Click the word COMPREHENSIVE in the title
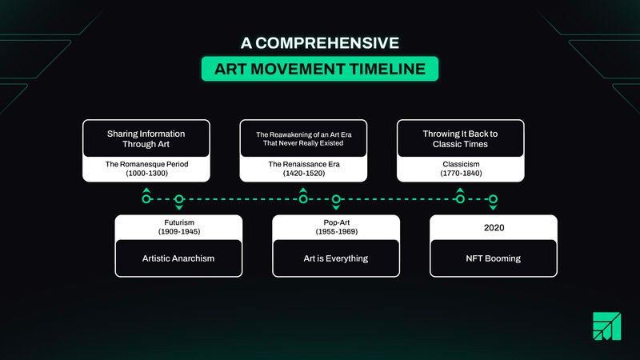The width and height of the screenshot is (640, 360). click(x=327, y=43)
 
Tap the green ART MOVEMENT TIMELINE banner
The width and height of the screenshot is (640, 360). click(x=320, y=69)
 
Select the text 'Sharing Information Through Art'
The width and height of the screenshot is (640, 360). click(x=146, y=138)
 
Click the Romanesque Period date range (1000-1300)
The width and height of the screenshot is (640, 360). click(x=147, y=173)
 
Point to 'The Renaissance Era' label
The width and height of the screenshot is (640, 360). click(x=304, y=164)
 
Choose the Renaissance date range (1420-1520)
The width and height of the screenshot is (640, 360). click(x=304, y=173)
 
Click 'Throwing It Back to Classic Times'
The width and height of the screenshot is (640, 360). click(x=461, y=138)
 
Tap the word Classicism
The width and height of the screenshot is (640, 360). click(x=462, y=164)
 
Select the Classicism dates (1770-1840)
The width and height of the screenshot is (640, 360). click(x=462, y=173)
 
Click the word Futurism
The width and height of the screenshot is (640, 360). click(x=179, y=222)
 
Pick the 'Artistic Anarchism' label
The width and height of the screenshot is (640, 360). click(x=178, y=258)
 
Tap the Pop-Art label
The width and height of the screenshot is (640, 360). click(x=337, y=222)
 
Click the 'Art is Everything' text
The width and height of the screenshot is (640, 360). click(x=336, y=258)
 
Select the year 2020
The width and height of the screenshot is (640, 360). click(x=494, y=228)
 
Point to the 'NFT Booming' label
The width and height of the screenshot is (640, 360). click(x=494, y=258)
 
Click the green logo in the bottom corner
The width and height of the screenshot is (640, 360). click(x=607, y=326)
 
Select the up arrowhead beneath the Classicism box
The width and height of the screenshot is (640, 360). click(x=460, y=190)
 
